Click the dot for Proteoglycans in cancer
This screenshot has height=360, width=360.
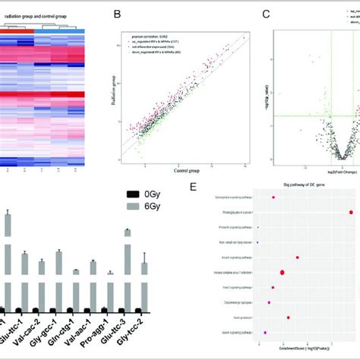pos(351,212)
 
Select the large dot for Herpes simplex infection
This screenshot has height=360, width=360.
pos(283,272)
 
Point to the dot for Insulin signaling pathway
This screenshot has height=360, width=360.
pos(297,257)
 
